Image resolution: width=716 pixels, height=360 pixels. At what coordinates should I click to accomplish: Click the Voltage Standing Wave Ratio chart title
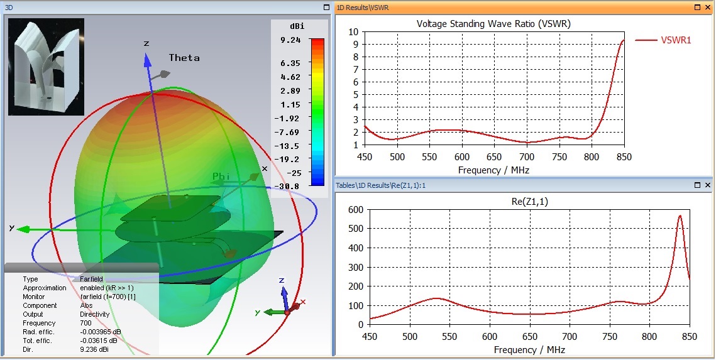[493, 24]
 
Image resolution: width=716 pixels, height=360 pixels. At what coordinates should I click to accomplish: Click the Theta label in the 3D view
[184, 58]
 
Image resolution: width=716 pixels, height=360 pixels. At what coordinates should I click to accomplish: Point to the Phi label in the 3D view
[221, 177]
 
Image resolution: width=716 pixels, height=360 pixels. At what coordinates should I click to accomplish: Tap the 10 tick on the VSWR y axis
[353, 31]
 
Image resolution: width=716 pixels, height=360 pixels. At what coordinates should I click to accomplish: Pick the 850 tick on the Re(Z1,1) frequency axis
[690, 335]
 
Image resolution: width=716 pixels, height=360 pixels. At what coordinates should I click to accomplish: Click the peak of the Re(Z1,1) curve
[680, 216]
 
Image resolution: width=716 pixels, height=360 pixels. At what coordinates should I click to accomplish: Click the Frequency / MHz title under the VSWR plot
[493, 170]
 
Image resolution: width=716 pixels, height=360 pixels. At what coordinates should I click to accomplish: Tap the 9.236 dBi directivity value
[94, 349]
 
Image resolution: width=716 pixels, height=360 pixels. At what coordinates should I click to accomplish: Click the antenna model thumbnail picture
[46, 67]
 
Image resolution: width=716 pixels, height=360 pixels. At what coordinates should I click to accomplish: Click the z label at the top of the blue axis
[146, 43]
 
